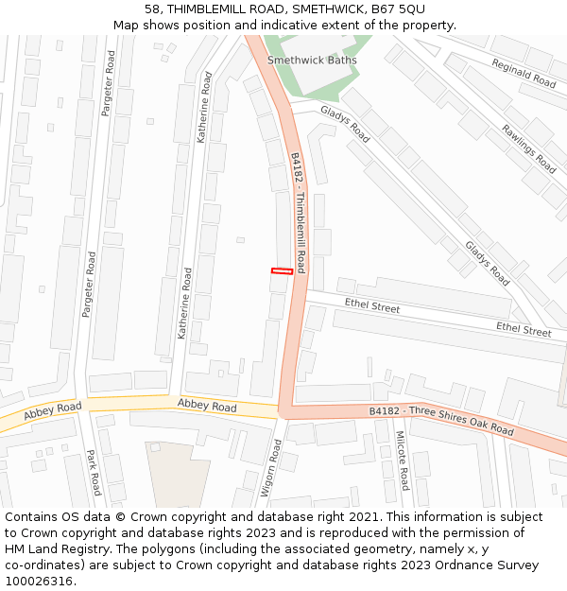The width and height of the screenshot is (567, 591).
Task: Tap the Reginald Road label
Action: click(x=524, y=73)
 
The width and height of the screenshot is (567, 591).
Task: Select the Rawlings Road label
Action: click(x=529, y=148)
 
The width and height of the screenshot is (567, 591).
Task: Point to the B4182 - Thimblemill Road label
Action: click(x=299, y=213)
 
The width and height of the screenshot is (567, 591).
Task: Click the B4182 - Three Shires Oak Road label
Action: click(x=441, y=422)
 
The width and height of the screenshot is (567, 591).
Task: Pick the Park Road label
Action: click(x=94, y=473)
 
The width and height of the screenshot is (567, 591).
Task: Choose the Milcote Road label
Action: click(x=402, y=461)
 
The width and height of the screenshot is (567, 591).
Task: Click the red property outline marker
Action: click(x=282, y=271)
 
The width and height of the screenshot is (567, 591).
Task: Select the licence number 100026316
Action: click(x=41, y=582)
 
